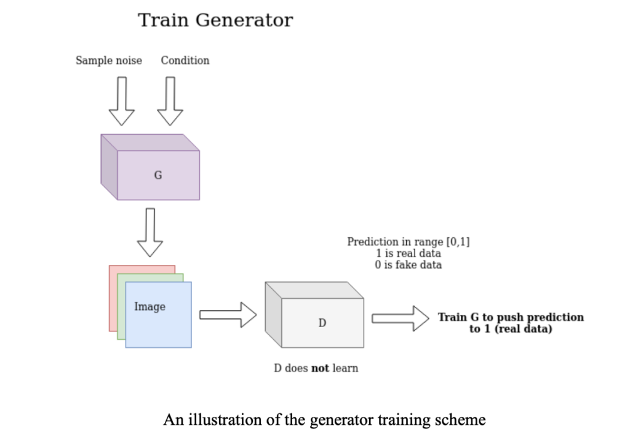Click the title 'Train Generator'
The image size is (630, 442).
215,20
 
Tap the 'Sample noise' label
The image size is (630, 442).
109,60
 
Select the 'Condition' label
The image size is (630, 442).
185,60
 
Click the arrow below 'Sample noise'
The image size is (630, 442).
121,101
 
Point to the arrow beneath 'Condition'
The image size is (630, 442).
170,101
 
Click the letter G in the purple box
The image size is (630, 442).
158,175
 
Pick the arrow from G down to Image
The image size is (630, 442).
150,232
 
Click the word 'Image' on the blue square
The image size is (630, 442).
150,306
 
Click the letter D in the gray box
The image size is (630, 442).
322,322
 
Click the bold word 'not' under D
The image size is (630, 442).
320,368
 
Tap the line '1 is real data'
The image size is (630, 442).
408,253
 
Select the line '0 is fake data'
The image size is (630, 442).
408,265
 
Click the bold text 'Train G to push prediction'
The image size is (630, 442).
511,317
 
